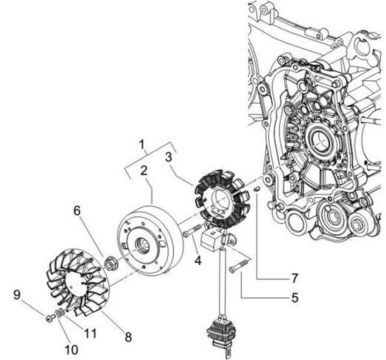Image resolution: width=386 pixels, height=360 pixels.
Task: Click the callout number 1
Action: pos(142,144)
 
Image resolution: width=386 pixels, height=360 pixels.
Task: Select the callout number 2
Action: pos(144,170)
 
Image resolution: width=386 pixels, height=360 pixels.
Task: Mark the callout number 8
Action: pos(128,337)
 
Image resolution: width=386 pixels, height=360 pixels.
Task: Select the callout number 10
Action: pos(71,349)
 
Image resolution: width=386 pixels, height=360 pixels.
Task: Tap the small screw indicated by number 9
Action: pos(50,318)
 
